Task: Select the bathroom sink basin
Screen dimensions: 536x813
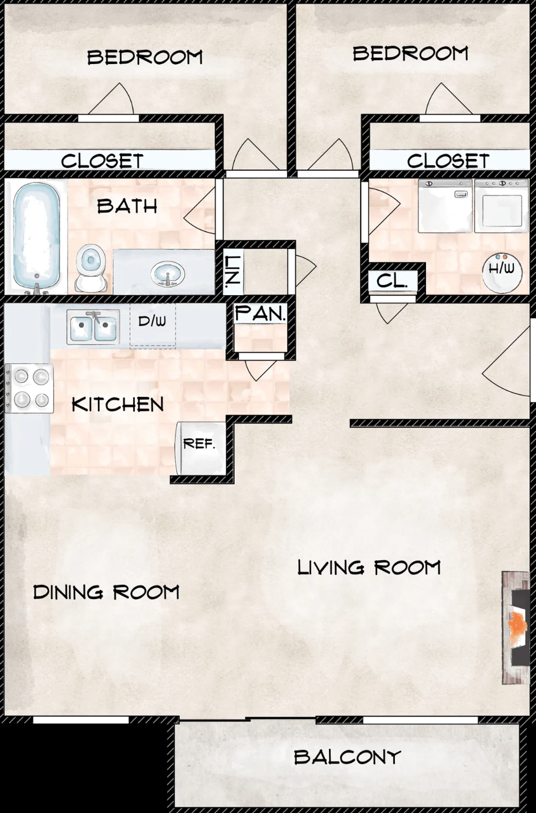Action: click(168, 273)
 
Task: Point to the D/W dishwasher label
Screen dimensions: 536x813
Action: click(152, 321)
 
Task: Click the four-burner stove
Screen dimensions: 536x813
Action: click(30, 388)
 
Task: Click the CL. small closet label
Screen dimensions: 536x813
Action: click(392, 281)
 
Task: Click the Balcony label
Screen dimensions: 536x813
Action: click(347, 757)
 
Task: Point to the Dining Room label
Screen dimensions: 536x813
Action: click(106, 592)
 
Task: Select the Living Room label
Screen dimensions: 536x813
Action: click(369, 567)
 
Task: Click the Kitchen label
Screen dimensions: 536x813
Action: click(118, 405)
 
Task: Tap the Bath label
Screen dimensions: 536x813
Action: click(127, 206)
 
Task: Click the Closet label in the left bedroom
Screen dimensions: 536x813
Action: click(102, 161)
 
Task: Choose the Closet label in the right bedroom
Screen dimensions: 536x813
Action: click(448, 161)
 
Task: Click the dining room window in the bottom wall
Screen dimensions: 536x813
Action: click(81, 720)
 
